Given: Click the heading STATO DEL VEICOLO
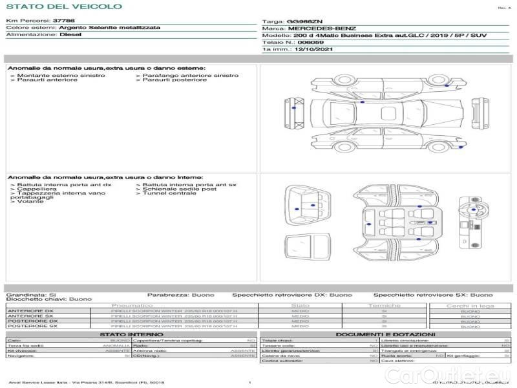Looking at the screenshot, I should coord(63,6).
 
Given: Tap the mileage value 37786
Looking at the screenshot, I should coord(63,21).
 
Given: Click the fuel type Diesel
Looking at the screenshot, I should coord(70,35).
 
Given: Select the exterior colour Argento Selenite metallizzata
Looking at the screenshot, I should coord(104,28).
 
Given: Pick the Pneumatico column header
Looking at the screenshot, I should coord(132,305).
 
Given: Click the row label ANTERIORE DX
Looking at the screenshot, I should coord(30,311).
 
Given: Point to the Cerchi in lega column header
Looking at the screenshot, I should coord(470,305).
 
